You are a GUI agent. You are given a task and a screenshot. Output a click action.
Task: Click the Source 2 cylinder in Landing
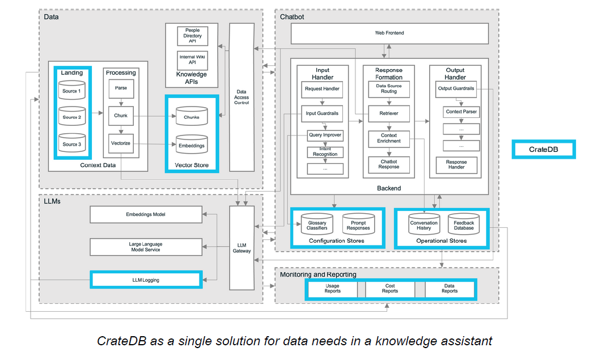[x=72, y=117]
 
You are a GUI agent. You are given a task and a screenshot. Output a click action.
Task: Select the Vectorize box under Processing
[x=121, y=143]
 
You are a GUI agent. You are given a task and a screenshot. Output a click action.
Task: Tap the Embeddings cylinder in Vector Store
[x=191, y=145]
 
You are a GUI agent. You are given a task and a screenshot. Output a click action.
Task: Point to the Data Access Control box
[x=241, y=97]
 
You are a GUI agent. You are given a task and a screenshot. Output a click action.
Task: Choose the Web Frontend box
[x=389, y=33]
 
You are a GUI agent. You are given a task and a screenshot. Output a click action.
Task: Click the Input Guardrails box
[x=321, y=113]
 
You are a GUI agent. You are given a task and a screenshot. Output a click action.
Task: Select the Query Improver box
[x=325, y=136]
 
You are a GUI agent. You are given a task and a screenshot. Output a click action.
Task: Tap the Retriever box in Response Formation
[x=389, y=113]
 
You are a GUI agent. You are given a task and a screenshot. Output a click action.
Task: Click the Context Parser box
[x=461, y=112]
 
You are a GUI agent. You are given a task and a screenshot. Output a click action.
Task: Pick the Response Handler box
[x=456, y=165]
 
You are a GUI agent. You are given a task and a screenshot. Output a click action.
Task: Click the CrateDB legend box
[x=544, y=150]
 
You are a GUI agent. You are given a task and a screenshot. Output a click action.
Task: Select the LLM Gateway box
[x=241, y=247]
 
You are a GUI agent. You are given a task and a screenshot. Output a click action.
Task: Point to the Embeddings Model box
[x=146, y=215]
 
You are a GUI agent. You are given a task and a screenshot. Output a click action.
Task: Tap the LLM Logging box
[x=146, y=279]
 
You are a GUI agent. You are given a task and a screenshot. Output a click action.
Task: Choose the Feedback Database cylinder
[x=464, y=225]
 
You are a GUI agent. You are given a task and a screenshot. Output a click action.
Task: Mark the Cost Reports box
[x=389, y=289]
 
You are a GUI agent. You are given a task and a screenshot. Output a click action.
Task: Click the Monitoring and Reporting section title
[x=318, y=274]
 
